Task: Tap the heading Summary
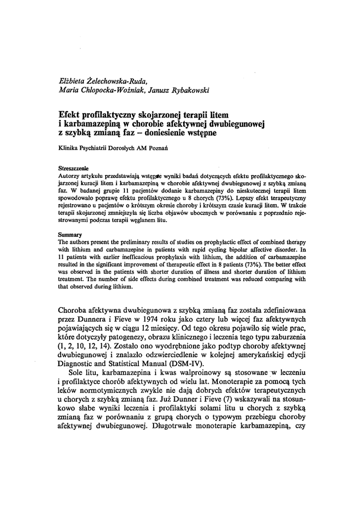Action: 70,234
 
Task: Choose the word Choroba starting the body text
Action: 75,310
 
